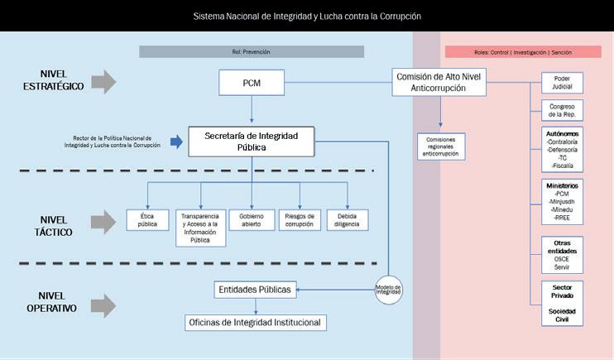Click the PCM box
tap(252, 82)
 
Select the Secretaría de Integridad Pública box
tap(252, 141)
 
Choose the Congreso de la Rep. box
tap(562, 110)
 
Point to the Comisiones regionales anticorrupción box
tap(441, 146)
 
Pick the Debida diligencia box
tap(347, 218)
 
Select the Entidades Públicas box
tap(254, 290)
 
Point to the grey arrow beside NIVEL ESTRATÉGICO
tap(104, 82)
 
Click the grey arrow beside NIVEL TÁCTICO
tap(104, 222)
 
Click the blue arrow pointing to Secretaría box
tap(175, 142)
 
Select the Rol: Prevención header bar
tap(252, 51)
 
